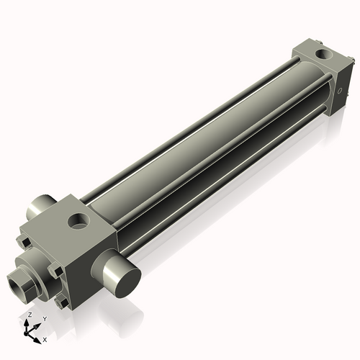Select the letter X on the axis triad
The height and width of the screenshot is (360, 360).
coord(45,338)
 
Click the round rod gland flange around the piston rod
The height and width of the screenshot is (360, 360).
coord(32,263)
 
